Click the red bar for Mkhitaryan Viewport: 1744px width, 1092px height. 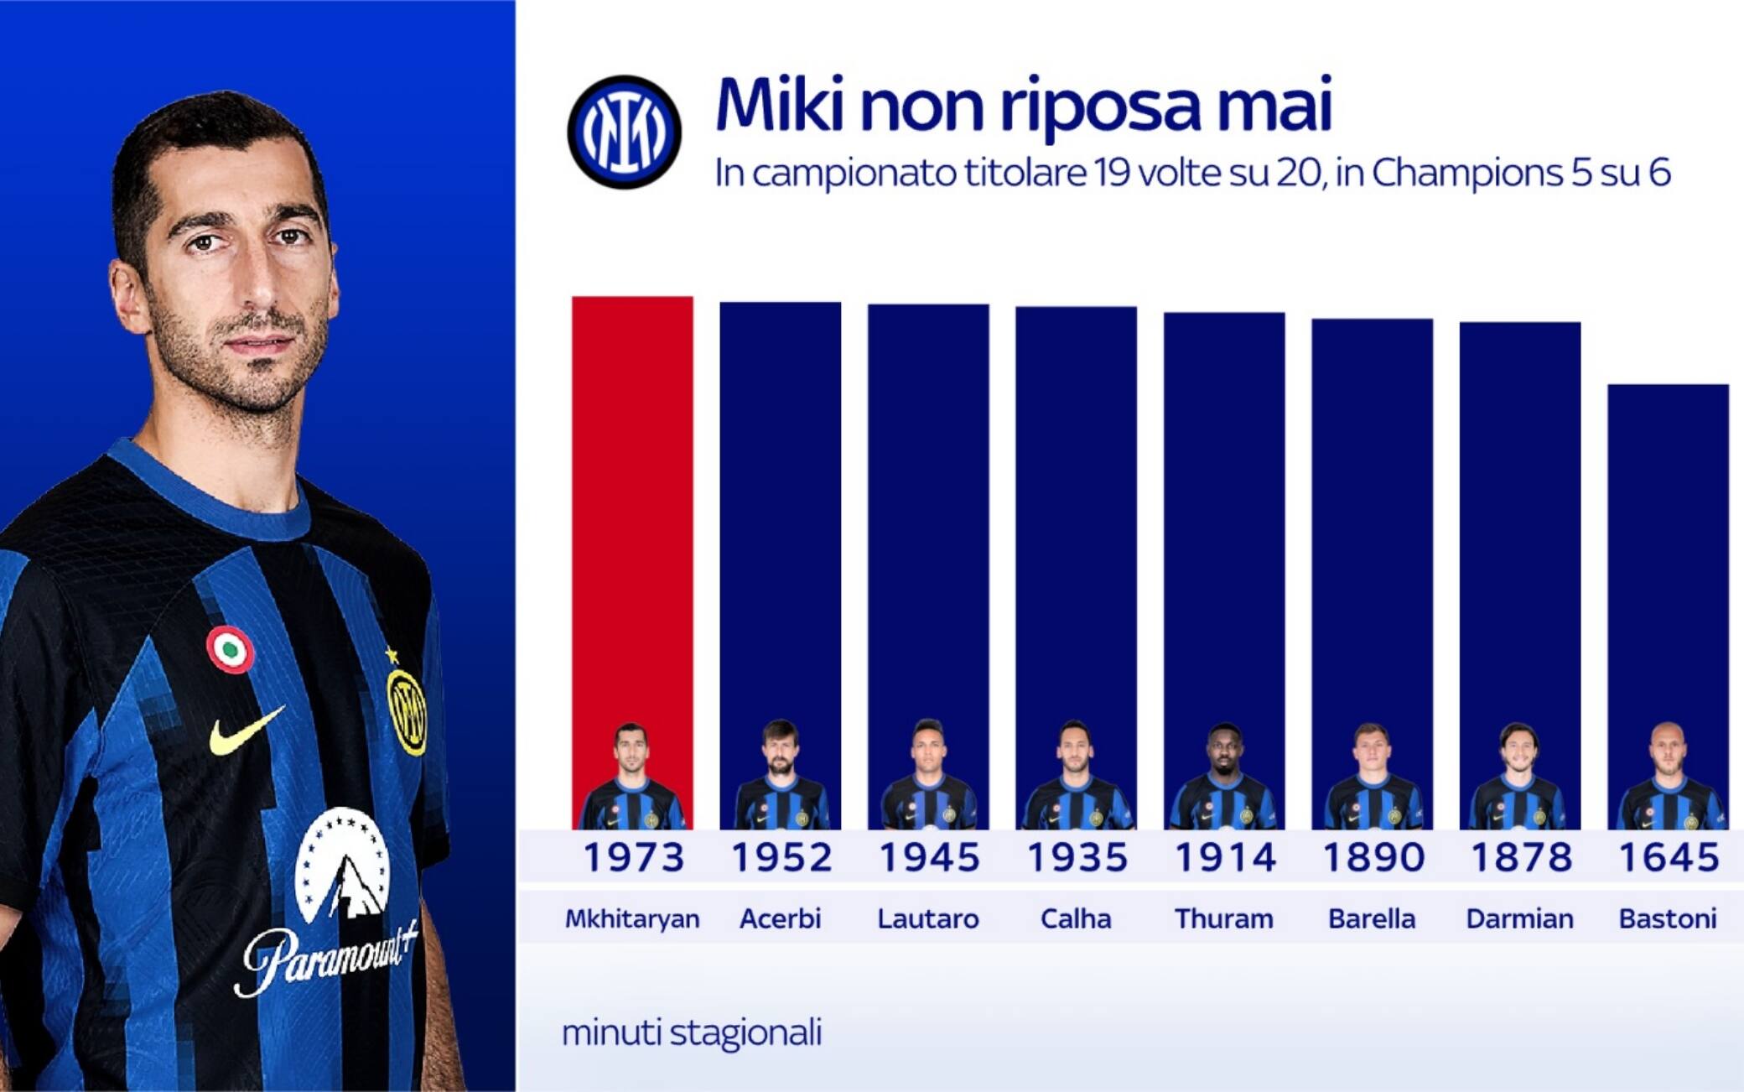[x=632, y=563]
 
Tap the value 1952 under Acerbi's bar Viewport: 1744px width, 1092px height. [x=781, y=857]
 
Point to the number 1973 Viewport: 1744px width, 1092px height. [x=634, y=857]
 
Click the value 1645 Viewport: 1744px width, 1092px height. [x=1669, y=857]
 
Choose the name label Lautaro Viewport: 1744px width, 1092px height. [x=928, y=918]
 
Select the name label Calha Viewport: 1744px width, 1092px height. [x=1076, y=918]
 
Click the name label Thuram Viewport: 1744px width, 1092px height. [x=1224, y=918]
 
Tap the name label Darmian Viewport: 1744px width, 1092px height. [x=1519, y=918]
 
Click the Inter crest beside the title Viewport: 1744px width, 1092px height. [x=624, y=132]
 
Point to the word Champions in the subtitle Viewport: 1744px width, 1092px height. [x=1466, y=174]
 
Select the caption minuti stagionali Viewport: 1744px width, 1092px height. [x=692, y=1032]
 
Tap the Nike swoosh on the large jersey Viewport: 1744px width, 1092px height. [x=247, y=730]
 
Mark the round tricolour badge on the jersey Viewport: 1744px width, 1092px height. [x=230, y=650]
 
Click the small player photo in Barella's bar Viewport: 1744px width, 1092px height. [x=1373, y=776]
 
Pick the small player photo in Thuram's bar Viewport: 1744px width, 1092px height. [x=1224, y=776]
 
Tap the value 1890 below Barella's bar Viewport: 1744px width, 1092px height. [x=1373, y=857]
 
